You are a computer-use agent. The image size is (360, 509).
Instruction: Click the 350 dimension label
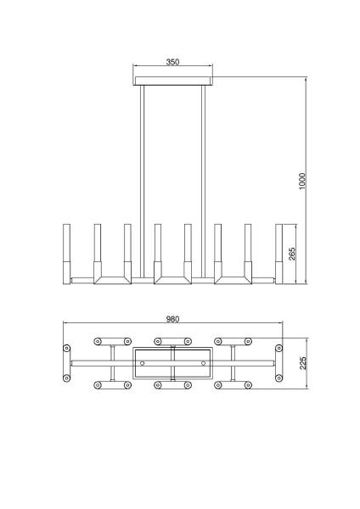172,62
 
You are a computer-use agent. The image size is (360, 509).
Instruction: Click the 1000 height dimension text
302,182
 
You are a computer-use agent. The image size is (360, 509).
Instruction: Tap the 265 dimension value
292,254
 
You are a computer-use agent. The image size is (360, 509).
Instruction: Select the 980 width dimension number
172,319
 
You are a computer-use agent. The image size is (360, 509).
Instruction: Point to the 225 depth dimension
303,363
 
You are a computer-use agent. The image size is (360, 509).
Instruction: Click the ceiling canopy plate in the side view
173,81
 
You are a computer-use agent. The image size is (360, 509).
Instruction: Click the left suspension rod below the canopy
142,182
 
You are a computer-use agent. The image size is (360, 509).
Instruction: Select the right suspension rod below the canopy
204,182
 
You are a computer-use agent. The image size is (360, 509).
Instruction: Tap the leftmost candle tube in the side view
66,254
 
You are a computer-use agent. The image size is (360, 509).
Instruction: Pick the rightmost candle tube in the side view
278,254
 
